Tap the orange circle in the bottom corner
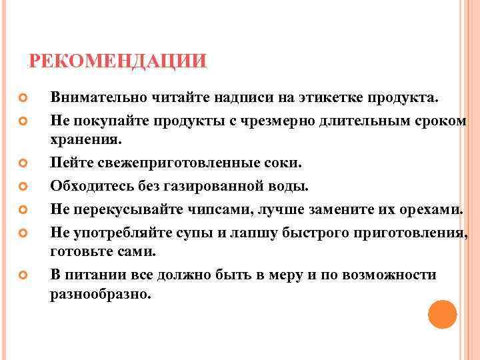click(x=442, y=314)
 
